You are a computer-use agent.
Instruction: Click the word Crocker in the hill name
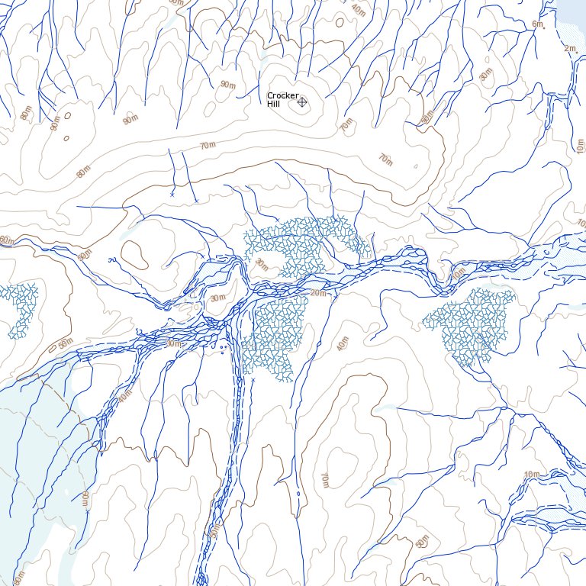click(282, 95)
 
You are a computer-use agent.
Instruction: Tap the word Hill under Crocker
click(274, 103)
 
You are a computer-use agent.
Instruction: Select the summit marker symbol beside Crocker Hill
click(302, 101)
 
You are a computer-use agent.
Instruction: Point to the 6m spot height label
click(537, 24)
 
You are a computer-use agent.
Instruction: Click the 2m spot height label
click(569, 49)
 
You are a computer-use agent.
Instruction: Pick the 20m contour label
click(318, 293)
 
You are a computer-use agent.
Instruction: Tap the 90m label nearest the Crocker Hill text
click(227, 83)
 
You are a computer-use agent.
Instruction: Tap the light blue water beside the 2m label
click(574, 23)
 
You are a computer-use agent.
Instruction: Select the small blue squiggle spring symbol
click(113, 260)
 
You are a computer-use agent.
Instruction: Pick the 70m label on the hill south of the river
click(324, 480)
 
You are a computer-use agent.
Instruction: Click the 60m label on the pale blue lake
click(84, 501)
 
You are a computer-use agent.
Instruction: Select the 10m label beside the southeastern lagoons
click(531, 475)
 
